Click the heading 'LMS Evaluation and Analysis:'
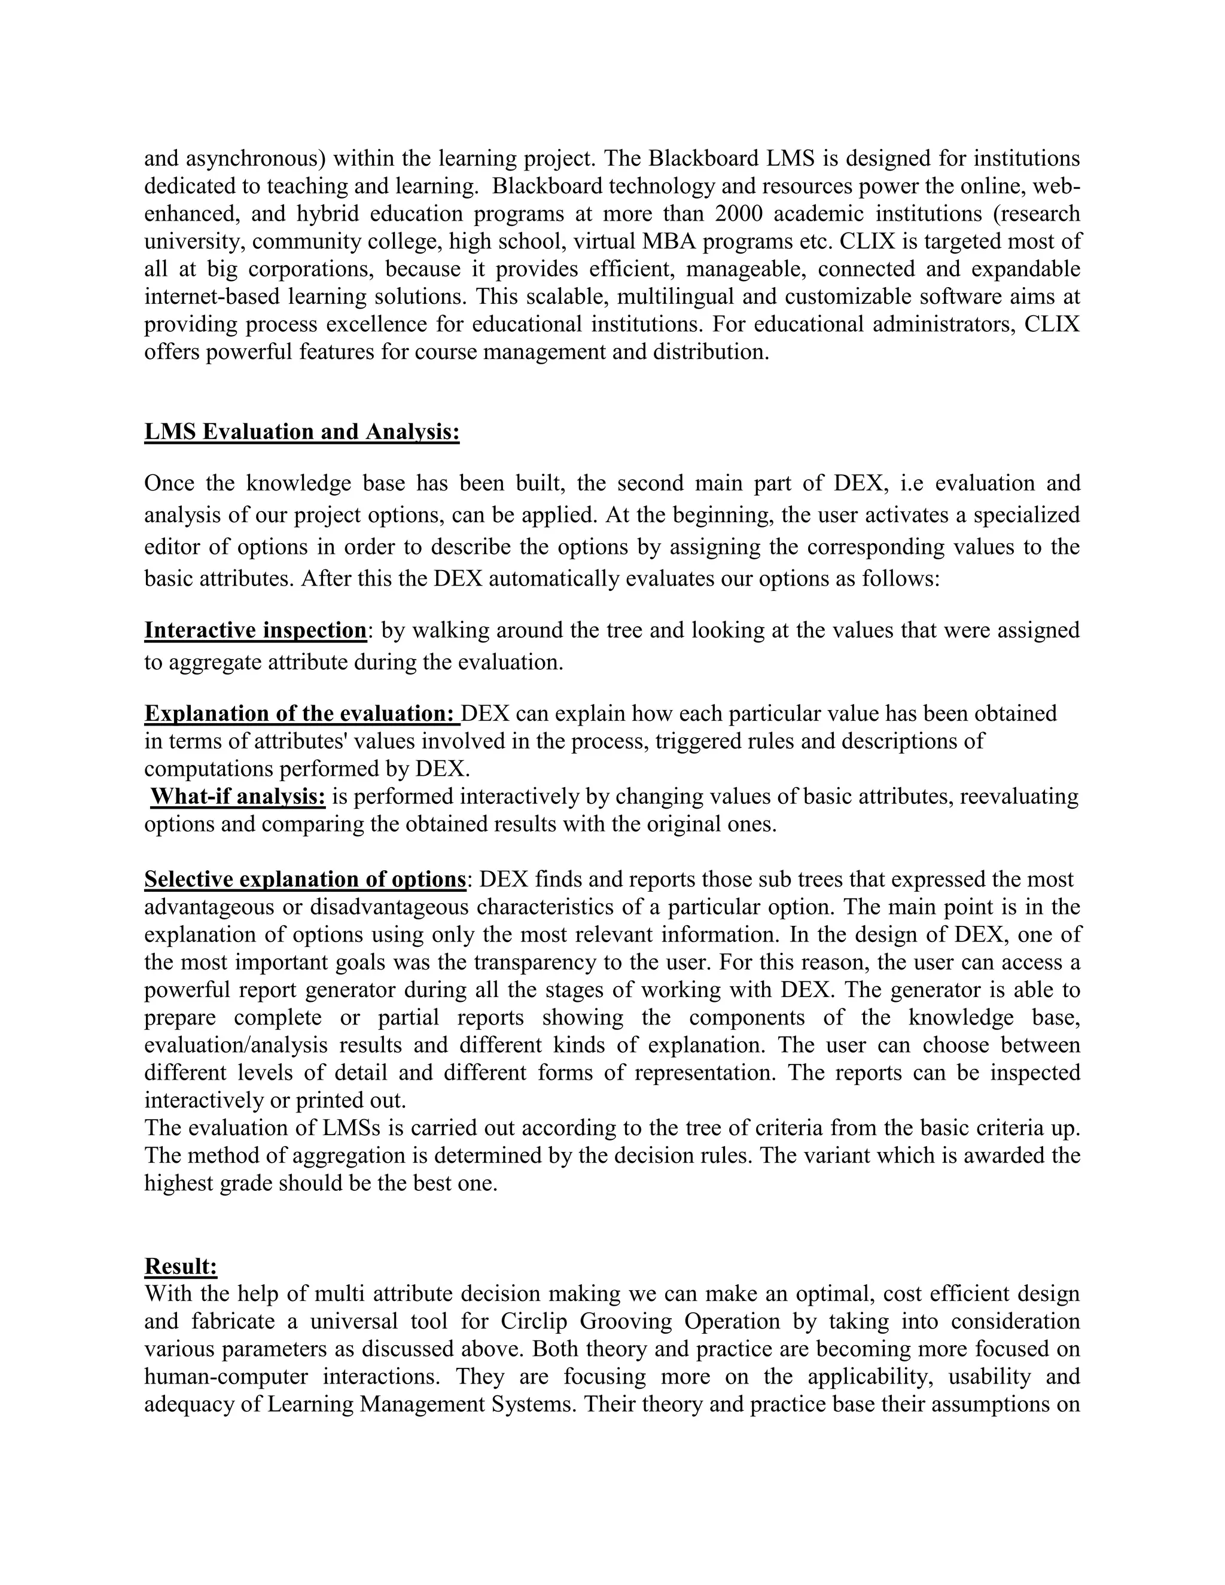tap(302, 432)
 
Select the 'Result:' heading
tap(181, 1266)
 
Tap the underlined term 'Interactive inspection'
tap(255, 630)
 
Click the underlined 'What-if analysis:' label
tap(238, 797)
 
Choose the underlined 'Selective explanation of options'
tap(305, 880)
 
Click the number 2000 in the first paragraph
tap(745, 214)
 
